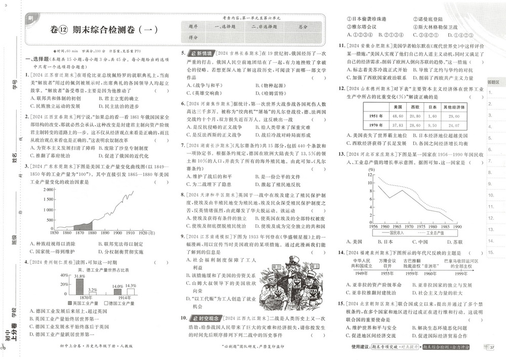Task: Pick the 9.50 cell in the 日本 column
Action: (432, 125)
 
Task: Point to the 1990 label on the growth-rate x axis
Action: (457, 227)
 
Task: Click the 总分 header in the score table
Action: (302, 27)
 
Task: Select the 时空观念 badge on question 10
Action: (204, 318)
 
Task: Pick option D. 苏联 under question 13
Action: (450, 242)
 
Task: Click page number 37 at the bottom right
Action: (492, 347)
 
